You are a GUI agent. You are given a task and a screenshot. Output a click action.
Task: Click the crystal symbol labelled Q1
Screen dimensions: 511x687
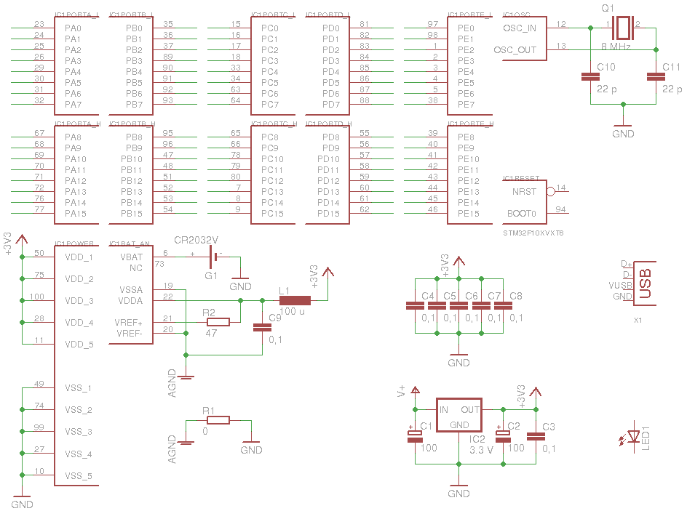point(622,28)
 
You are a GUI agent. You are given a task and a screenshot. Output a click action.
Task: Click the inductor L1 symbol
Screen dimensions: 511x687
point(295,300)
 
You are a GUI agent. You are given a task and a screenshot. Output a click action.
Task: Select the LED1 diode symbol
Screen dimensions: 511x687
point(634,437)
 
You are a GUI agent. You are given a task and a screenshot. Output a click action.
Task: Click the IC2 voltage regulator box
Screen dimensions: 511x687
point(458,415)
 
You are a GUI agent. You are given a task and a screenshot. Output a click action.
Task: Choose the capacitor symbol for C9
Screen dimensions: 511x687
point(261,327)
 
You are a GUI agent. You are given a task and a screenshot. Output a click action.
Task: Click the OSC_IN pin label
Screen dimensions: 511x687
point(520,28)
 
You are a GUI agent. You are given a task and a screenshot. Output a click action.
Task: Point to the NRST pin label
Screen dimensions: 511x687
point(524,192)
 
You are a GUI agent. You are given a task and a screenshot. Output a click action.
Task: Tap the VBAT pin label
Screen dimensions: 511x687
point(131,257)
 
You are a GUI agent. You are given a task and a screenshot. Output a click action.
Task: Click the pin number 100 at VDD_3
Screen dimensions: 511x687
point(37,297)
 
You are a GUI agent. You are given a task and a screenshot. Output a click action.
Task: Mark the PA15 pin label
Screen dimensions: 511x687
point(76,214)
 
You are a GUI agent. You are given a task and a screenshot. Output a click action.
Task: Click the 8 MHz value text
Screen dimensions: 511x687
point(616,47)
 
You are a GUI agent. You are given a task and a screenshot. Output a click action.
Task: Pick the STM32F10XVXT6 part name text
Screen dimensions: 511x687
point(533,233)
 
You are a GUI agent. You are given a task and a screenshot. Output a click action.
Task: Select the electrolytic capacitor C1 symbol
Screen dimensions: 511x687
point(414,435)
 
